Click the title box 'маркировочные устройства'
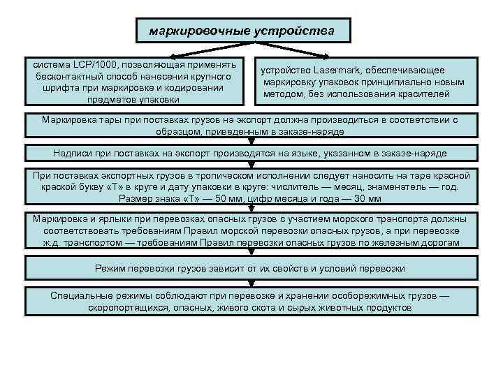point(242,31)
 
